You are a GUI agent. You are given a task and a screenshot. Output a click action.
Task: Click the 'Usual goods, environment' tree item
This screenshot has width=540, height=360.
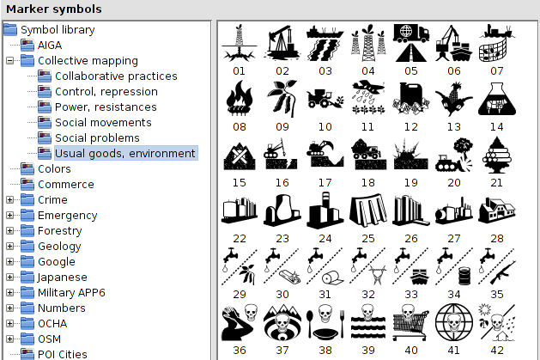pyautogui.click(x=125, y=153)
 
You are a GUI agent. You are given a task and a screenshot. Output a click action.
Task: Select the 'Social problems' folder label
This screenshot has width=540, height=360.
pyautogui.click(x=97, y=137)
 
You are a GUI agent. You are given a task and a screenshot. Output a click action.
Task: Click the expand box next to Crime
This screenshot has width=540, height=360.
pyautogui.click(x=9, y=200)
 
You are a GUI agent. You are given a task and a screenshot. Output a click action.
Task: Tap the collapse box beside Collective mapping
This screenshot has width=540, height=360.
pyautogui.click(x=9, y=61)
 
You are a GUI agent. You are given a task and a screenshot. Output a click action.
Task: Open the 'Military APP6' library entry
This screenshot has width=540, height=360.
pyautogui.click(x=71, y=292)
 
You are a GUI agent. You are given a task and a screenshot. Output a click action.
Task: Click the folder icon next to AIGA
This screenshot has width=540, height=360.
pyautogui.click(x=27, y=46)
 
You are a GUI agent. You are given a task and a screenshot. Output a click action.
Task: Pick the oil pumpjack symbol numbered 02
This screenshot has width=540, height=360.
pyautogui.click(x=282, y=43)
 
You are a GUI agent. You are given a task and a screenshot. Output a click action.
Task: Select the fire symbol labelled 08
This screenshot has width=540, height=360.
pyautogui.click(x=240, y=99)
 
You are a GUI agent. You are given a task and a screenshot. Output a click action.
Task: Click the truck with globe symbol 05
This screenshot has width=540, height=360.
pyautogui.click(x=411, y=43)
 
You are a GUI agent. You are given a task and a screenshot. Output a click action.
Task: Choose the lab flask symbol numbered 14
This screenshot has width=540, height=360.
pyautogui.click(x=496, y=99)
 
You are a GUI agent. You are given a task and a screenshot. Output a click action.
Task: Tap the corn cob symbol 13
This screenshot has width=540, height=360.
pyautogui.click(x=453, y=99)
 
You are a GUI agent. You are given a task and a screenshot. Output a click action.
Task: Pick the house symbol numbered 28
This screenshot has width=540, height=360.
pyautogui.click(x=496, y=211)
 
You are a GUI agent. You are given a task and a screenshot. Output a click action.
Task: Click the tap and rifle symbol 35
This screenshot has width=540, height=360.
pyautogui.click(x=496, y=266)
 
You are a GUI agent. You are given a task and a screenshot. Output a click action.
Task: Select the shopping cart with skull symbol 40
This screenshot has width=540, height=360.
pyautogui.click(x=411, y=322)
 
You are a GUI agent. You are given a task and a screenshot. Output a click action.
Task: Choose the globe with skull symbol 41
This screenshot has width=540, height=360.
pyautogui.click(x=453, y=322)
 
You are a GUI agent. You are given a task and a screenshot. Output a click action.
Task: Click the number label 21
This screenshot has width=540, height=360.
pyautogui.click(x=496, y=183)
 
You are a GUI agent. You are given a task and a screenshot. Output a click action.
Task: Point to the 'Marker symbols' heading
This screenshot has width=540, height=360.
pyautogui.click(x=54, y=9)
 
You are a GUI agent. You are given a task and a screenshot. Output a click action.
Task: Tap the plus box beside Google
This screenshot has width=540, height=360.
pyautogui.click(x=9, y=262)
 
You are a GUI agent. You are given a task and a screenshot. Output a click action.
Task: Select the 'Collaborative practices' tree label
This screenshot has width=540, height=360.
pyautogui.click(x=116, y=76)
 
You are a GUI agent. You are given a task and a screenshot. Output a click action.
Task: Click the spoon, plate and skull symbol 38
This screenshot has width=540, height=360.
pyautogui.click(x=325, y=322)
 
